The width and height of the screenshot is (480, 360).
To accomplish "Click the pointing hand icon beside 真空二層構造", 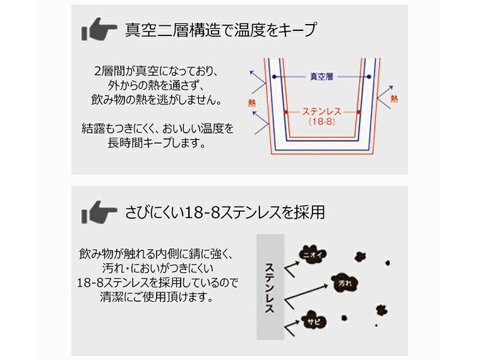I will tap(99, 30).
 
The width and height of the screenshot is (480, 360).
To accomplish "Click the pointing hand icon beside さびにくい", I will tap(99, 211).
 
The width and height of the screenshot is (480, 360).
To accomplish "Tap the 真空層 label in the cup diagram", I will tap(321, 76).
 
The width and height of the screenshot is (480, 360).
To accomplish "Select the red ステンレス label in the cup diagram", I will tap(321, 111).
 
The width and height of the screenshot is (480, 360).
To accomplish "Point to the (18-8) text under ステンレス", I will tap(321, 123).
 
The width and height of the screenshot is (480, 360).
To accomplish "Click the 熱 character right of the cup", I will tap(395, 99).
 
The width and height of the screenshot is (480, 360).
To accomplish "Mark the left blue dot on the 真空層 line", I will tap(275, 76).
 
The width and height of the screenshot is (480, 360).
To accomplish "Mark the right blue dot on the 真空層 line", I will tap(368, 76).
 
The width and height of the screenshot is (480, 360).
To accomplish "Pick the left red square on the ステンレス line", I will tap(285, 112).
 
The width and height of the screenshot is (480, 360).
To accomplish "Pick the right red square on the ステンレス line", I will tap(358, 112).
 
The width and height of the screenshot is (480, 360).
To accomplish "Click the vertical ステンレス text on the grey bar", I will tap(270, 288).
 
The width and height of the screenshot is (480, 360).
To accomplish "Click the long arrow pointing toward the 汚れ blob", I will tap(309, 293).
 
